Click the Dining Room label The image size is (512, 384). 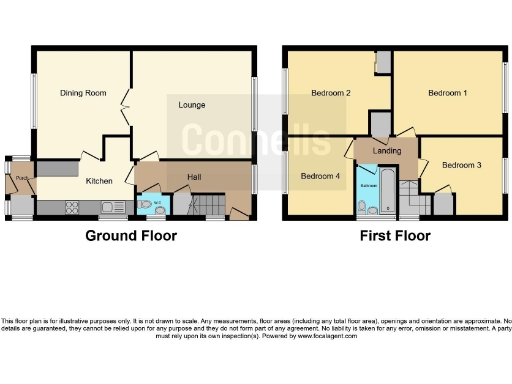[x=82, y=93]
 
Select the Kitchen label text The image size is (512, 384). [x=98, y=181]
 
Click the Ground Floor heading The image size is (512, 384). [x=131, y=237]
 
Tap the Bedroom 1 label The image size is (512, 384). [x=447, y=93]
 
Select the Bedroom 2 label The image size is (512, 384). [x=330, y=93]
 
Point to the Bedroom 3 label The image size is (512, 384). [x=461, y=165]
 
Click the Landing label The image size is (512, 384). [x=387, y=152]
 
